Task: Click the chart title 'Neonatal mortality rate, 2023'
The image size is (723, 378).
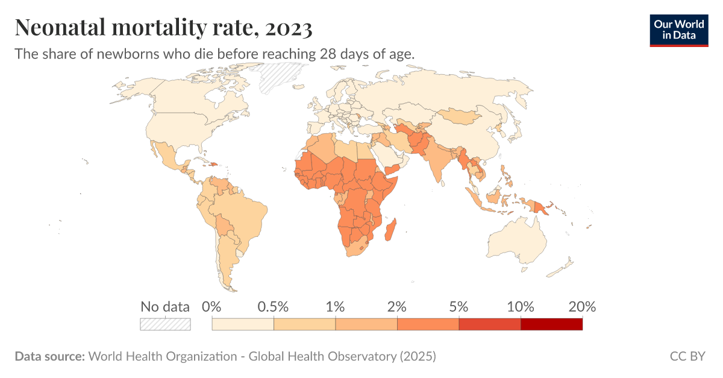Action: click(x=163, y=27)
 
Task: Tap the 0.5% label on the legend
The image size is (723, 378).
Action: click(x=274, y=306)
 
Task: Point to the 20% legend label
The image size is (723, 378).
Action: click(x=582, y=306)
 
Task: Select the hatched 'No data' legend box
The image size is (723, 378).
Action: click(x=165, y=324)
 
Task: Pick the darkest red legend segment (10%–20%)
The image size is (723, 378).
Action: click(x=551, y=324)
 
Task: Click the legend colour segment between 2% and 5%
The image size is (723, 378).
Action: click(x=428, y=324)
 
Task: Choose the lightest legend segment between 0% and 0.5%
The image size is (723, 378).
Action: click(x=243, y=324)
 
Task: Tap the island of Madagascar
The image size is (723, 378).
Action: click(x=391, y=230)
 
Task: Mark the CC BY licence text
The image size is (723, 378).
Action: click(x=687, y=356)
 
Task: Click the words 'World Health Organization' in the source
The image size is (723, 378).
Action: click(x=163, y=356)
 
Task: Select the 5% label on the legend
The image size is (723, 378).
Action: click(x=459, y=306)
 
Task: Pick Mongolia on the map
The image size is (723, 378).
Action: click(x=461, y=116)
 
